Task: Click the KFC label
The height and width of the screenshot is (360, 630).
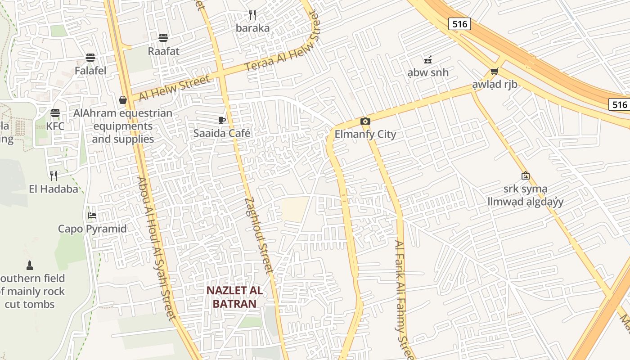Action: point(55,126)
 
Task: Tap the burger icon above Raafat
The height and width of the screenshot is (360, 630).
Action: point(163,38)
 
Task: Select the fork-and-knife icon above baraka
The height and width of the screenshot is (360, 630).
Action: point(252,15)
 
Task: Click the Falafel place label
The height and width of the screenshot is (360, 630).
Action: point(90,71)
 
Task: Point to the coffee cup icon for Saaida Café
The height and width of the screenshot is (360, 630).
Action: point(221,120)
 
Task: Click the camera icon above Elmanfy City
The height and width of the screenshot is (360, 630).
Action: point(365,121)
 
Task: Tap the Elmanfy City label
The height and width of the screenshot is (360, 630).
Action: point(365,134)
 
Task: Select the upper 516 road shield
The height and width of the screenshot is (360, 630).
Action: point(459,24)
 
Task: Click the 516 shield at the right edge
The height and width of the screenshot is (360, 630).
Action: point(620,105)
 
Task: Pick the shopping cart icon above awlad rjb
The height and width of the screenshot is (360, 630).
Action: point(495,71)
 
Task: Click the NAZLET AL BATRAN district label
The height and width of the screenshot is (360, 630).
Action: point(234,297)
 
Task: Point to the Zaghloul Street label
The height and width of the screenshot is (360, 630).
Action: point(259,235)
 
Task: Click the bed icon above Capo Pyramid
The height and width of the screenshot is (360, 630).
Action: point(92,216)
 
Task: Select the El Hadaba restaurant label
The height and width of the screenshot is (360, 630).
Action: point(54,189)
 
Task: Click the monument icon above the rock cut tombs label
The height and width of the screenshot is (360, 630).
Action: point(30,265)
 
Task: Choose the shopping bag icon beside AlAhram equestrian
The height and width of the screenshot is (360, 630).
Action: point(122,100)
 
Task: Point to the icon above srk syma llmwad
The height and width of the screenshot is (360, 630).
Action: point(525,175)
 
